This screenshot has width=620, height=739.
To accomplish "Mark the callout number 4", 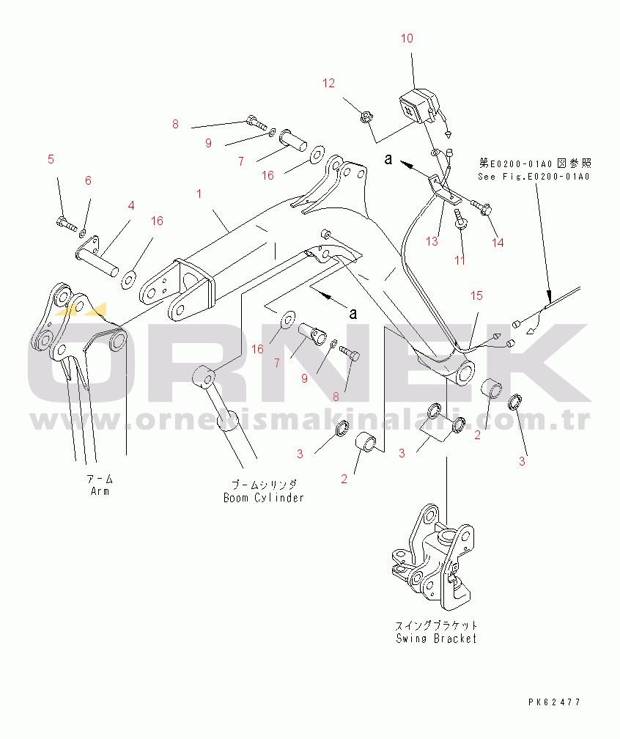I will tap(131, 205).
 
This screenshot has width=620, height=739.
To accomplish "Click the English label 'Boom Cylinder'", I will tap(264, 497).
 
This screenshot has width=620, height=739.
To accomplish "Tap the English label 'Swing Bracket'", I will tap(436, 638).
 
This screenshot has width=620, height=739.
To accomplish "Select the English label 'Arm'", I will tap(100, 490).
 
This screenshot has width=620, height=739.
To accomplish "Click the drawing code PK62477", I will tap(554, 702).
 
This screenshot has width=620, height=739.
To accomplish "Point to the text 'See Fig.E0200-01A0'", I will tap(534, 176).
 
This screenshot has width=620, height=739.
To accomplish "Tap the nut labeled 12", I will tap(364, 116).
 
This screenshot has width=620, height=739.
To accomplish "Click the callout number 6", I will tap(88, 180).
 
